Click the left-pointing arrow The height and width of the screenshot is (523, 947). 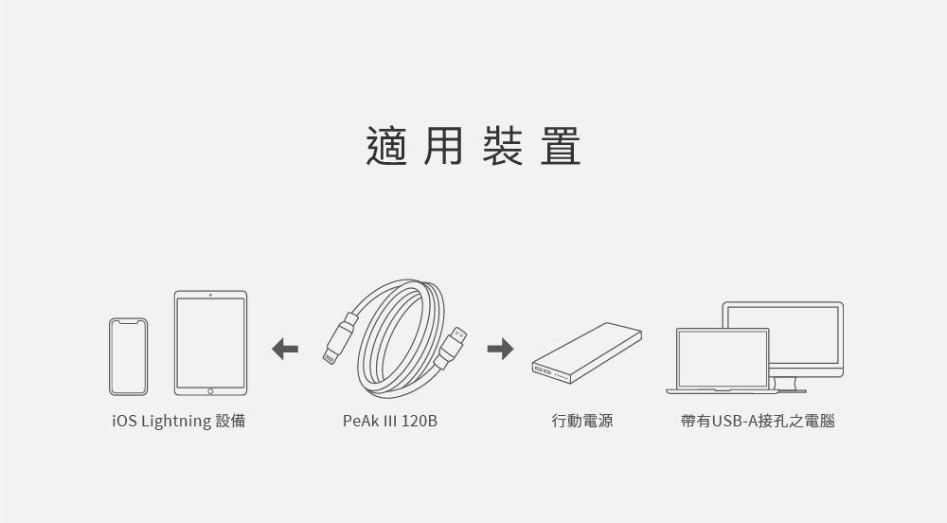[x=285, y=349]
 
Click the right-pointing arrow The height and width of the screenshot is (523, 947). [x=500, y=349]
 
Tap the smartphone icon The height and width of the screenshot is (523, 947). [x=128, y=357]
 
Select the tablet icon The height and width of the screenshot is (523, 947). [x=211, y=343]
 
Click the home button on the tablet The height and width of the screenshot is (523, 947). [x=210, y=391]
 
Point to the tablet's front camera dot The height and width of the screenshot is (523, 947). [x=210, y=295]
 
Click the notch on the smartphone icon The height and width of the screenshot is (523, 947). [x=128, y=322]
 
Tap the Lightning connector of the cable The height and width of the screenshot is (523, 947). [x=330, y=356]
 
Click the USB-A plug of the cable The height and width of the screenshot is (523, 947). [x=458, y=335]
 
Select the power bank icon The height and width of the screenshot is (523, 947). [x=586, y=352]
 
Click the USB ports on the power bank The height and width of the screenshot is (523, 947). [x=543, y=370]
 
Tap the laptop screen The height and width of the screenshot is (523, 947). [x=723, y=359]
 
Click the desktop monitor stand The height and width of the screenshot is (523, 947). [x=789, y=385]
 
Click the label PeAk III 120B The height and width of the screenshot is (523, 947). [x=389, y=421]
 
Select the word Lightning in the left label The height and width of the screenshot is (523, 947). [x=176, y=421]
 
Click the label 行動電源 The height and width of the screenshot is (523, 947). [x=582, y=421]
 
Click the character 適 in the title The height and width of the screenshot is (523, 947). [x=386, y=146]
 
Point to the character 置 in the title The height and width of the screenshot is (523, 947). [x=561, y=146]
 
